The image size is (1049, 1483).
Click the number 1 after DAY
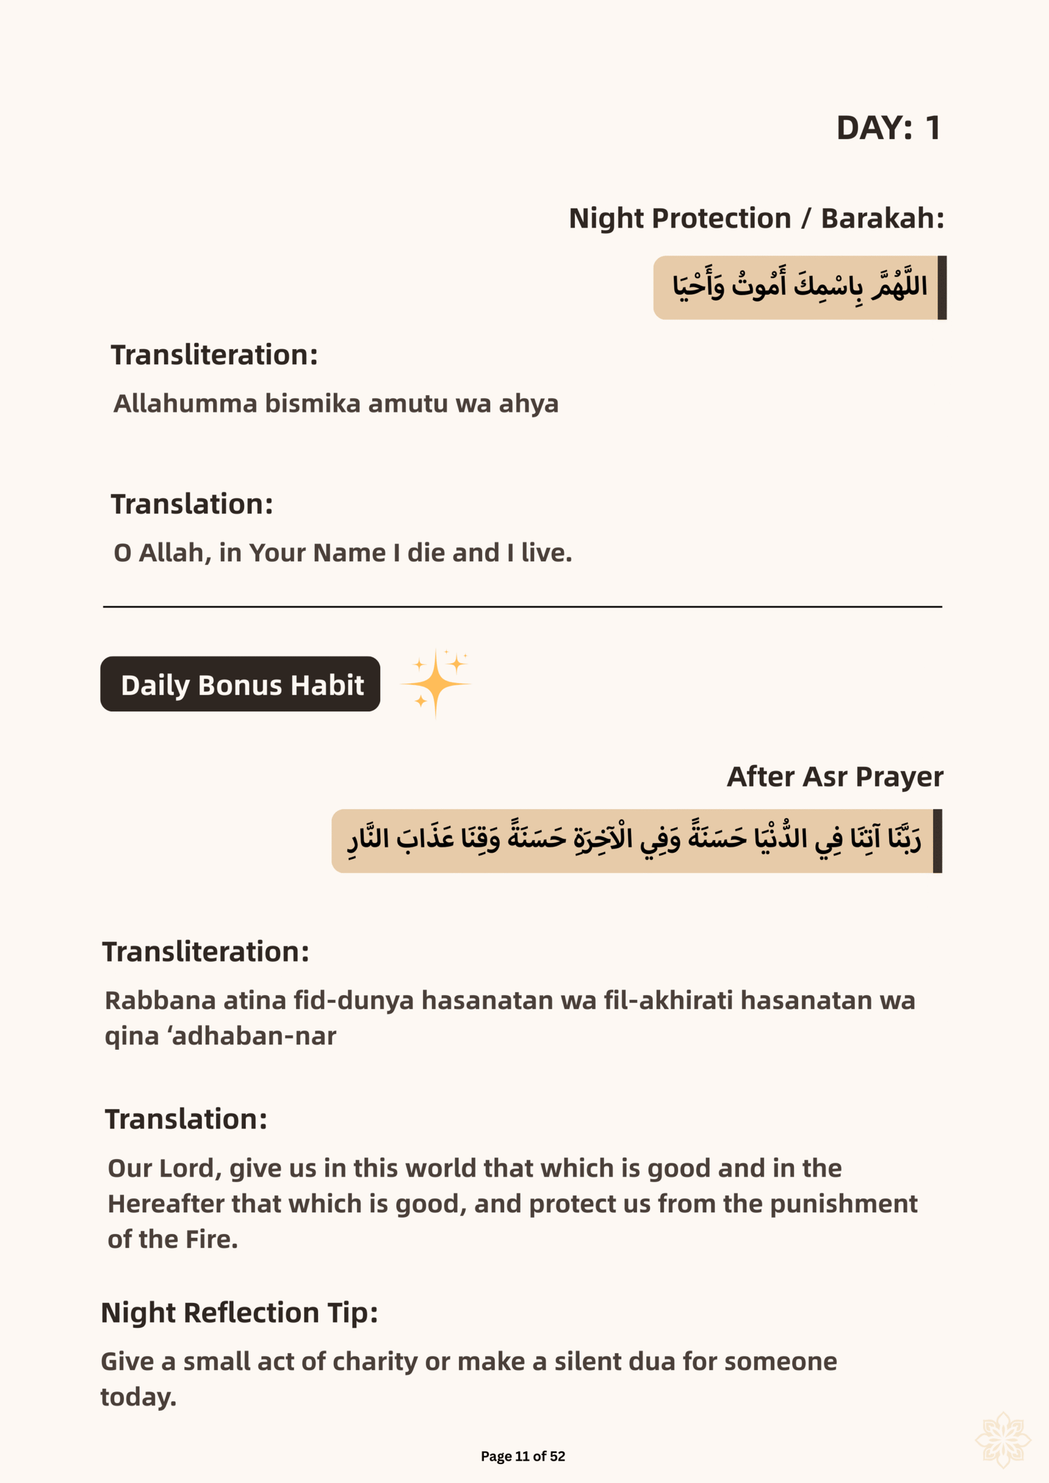click(x=932, y=128)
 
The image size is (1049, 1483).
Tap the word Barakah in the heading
click(x=880, y=218)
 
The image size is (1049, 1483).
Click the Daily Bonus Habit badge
click(x=240, y=684)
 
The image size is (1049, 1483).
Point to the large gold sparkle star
click(x=435, y=684)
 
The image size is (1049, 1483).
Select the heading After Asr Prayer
click(x=835, y=777)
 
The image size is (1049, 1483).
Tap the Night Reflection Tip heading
click(x=239, y=1313)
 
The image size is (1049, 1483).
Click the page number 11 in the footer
click(x=522, y=1456)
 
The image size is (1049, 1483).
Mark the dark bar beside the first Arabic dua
click(x=942, y=288)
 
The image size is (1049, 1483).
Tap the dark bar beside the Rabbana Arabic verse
click(x=938, y=841)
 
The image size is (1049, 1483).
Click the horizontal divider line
click(x=523, y=607)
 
